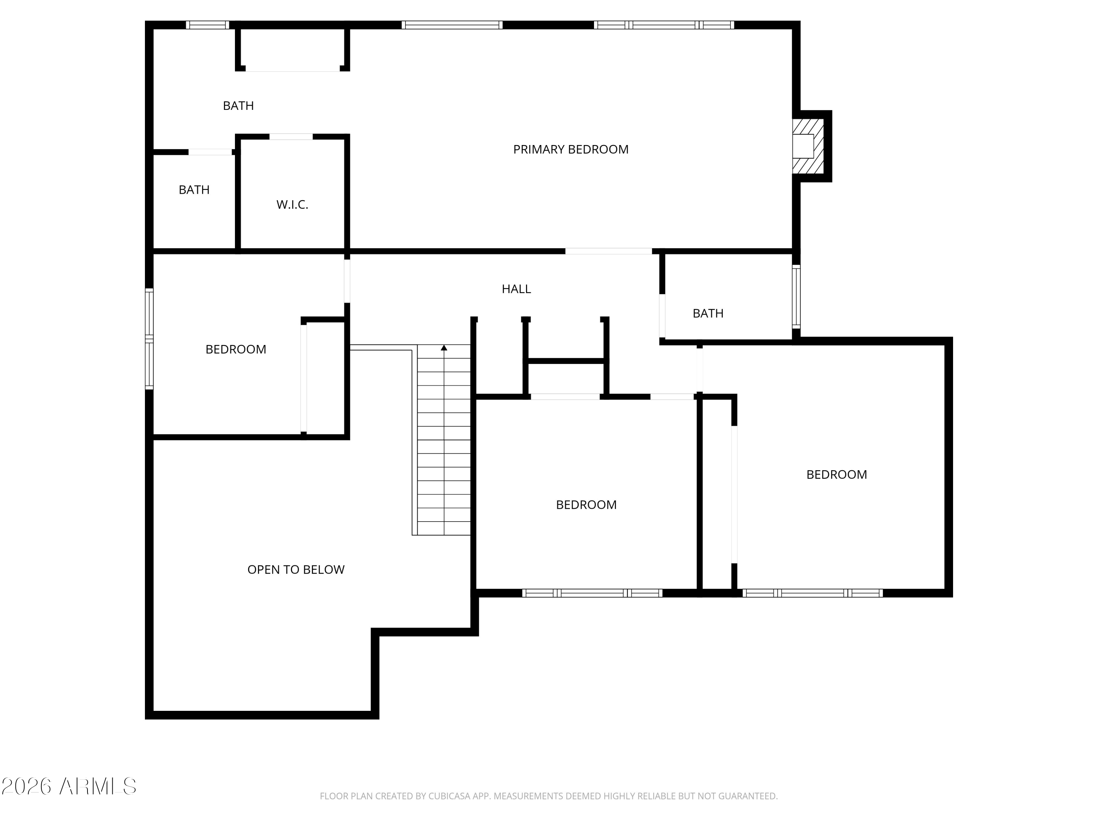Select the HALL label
[x=516, y=289]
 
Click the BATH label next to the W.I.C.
[x=194, y=190]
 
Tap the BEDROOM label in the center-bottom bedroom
[x=586, y=505]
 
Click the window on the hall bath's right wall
[x=796, y=297]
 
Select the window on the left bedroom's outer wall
[x=149, y=339]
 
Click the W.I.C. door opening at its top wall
[x=291, y=137]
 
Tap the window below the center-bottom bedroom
[x=592, y=593]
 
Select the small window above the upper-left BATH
[x=208, y=25]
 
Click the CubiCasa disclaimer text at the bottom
[x=549, y=796]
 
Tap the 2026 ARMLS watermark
[x=69, y=787]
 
